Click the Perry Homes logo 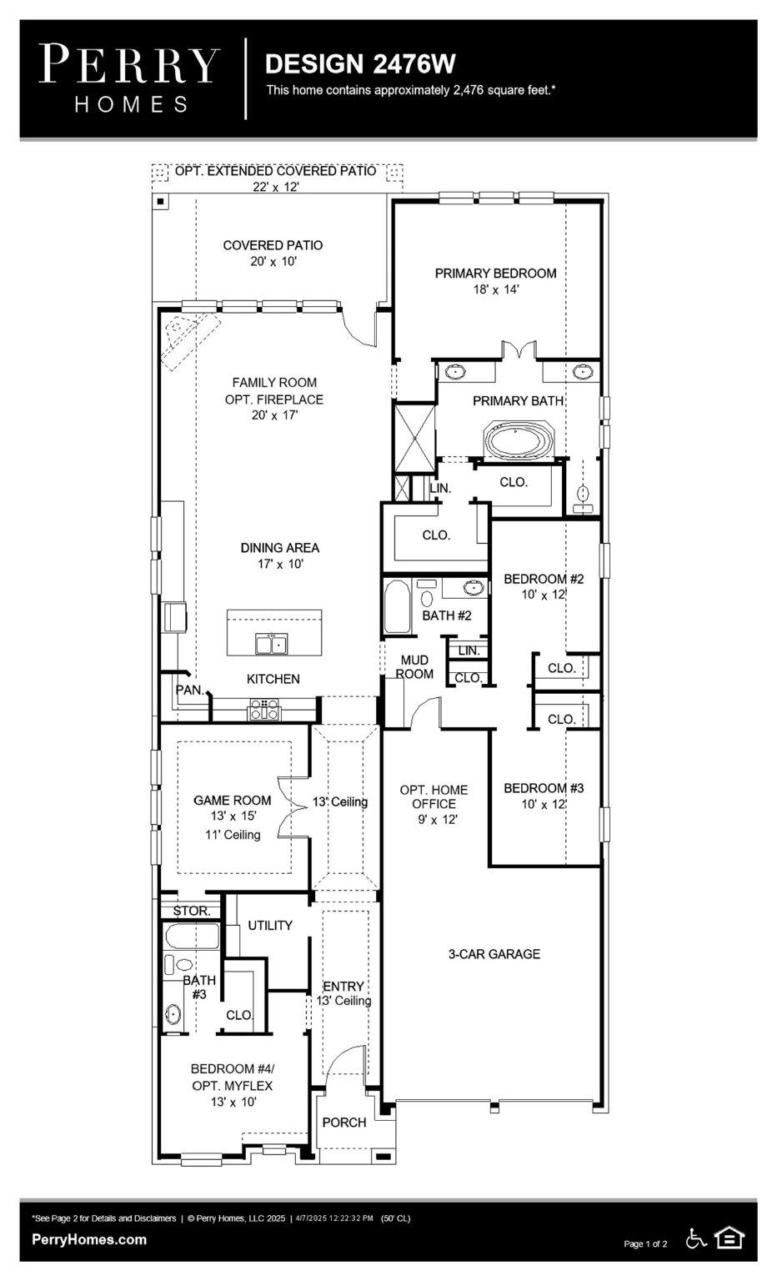[x=130, y=78]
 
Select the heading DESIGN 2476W [x=359, y=63]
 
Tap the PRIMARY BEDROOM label [x=495, y=274]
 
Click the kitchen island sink [x=271, y=645]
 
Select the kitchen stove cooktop [x=264, y=710]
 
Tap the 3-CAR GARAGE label [x=494, y=954]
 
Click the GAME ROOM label [x=232, y=801]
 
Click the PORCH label [x=344, y=1123]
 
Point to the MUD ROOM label [x=414, y=667]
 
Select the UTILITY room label [x=270, y=926]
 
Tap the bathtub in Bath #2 [x=396, y=608]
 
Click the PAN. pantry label [x=189, y=690]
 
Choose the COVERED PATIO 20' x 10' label [x=273, y=253]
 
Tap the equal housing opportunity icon [x=729, y=1238]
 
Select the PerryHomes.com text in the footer [x=89, y=1239]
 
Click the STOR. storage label [x=192, y=911]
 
